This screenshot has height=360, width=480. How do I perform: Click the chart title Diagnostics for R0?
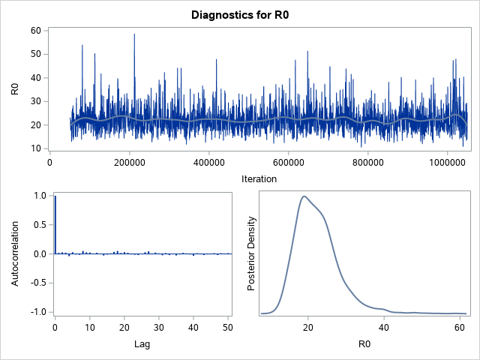(x=240, y=15)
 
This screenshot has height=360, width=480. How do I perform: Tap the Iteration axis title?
(x=259, y=178)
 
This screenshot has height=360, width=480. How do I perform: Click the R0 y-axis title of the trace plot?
(x=15, y=88)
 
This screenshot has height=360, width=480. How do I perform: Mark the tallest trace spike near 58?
(x=134, y=34)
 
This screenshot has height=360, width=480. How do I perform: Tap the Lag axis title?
(x=142, y=346)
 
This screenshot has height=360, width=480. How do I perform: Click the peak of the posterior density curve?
(x=304, y=196)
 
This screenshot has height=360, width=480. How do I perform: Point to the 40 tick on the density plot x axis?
(x=384, y=328)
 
